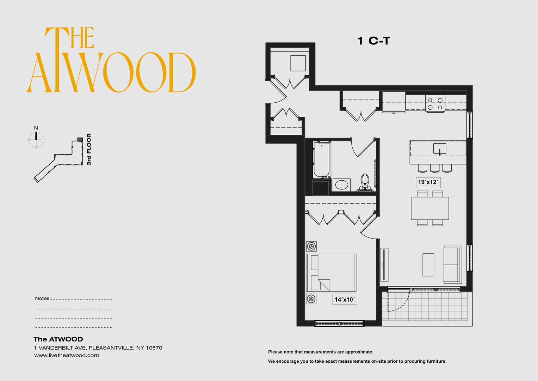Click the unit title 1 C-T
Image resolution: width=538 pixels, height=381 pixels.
pos(374,41)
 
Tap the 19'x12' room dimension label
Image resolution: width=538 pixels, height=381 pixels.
pos(428,182)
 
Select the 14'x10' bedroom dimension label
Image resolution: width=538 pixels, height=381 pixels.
pos(345,300)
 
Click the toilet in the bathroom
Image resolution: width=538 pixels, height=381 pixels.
pos(365,182)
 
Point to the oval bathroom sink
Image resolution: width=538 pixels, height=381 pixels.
pos(341,185)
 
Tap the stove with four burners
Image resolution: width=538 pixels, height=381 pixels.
pos(435,103)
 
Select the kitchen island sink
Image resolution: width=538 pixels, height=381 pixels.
pos(439,149)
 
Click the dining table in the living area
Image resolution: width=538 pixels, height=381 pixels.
pos(430,208)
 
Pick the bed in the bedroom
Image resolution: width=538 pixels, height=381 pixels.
pos(331,272)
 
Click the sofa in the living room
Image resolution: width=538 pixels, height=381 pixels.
pos(452,264)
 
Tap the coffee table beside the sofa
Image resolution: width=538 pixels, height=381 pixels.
pos(428,265)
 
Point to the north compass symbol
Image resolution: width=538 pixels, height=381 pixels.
pos(36,138)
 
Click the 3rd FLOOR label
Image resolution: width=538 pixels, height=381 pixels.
pos(89,149)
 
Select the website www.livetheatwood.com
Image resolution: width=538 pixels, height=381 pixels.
pos(67,356)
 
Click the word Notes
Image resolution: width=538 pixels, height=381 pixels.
pos(42,298)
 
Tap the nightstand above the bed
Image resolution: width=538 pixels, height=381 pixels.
pos(311,246)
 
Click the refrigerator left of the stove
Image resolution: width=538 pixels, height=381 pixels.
pos(394,102)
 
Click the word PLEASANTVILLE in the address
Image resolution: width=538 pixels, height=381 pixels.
pos(111,348)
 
